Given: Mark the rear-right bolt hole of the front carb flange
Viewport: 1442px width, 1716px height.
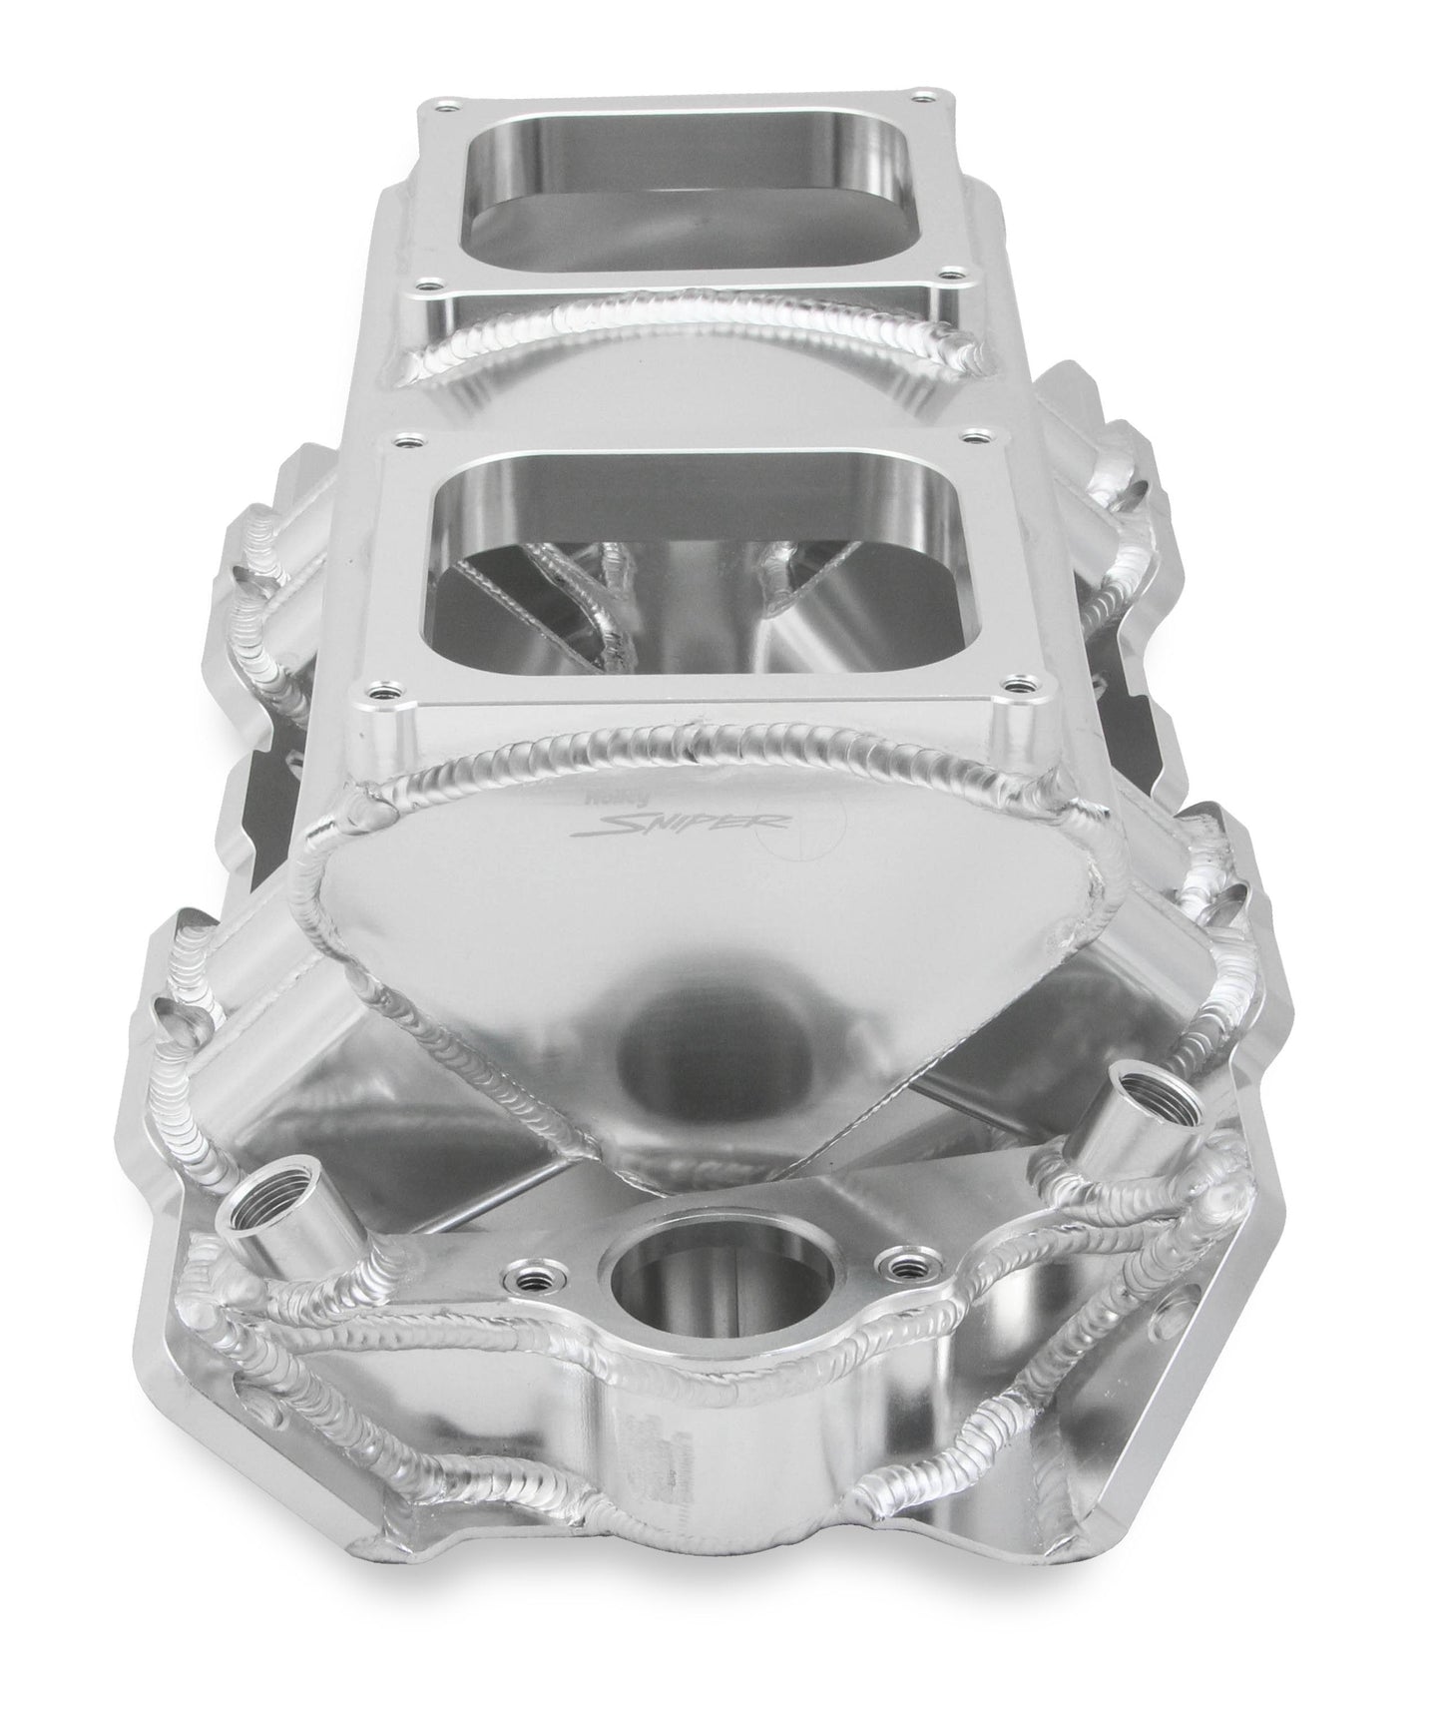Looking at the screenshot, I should tap(971, 437).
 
